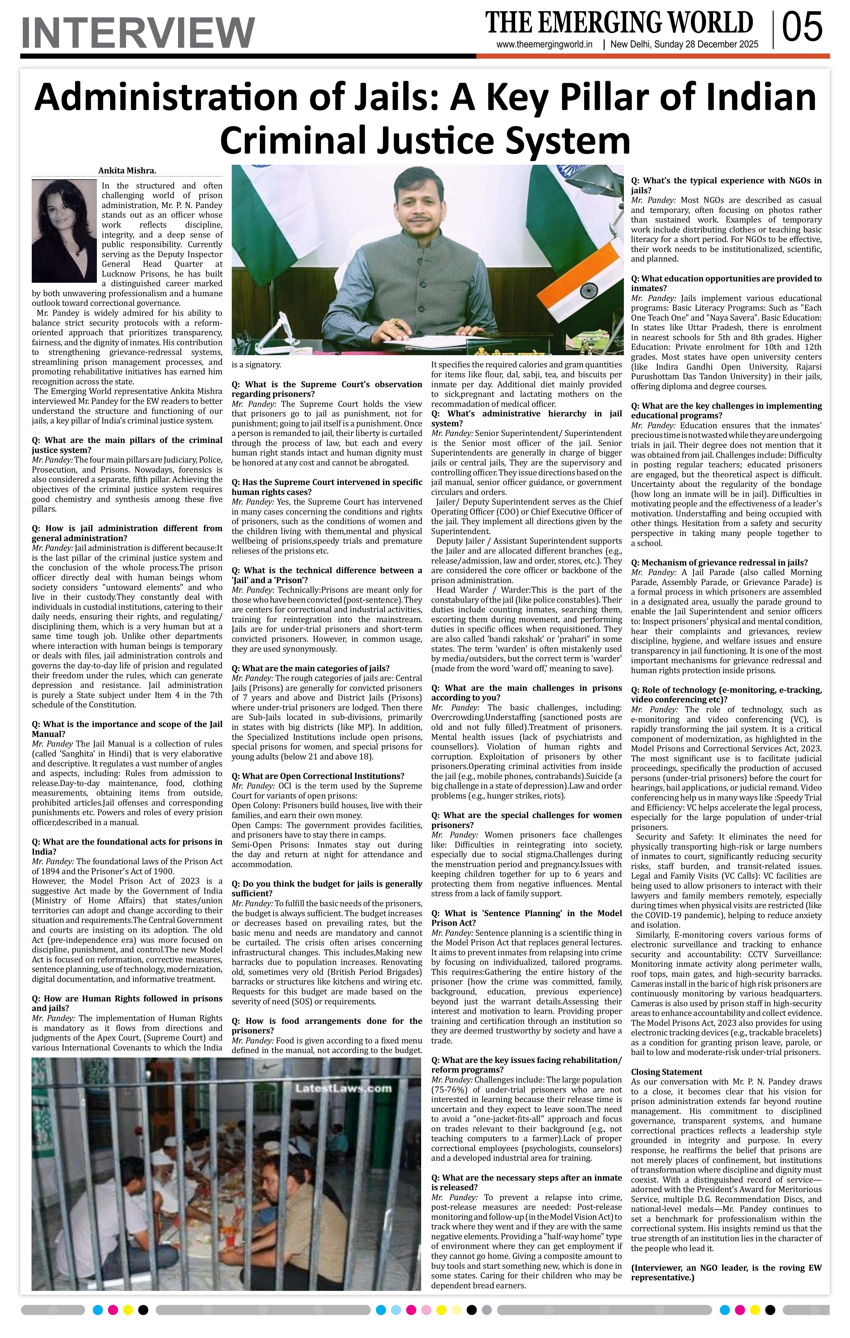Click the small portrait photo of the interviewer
coord(64,230)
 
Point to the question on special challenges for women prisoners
coord(526,820)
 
